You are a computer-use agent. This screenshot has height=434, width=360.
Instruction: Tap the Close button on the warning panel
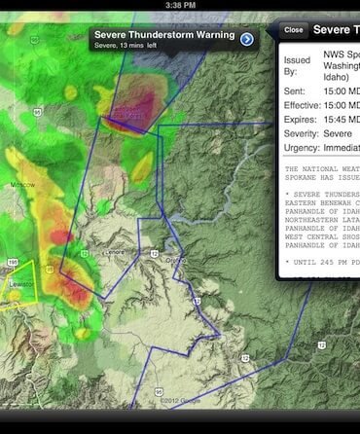tap(293, 30)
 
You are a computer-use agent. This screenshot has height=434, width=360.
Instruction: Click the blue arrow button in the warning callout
tap(247, 39)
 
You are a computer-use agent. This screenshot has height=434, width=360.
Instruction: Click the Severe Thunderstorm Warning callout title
tap(164, 35)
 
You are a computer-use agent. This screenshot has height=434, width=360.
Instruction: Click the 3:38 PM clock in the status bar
tap(180, 5)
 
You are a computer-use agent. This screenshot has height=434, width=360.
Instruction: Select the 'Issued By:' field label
tap(297, 66)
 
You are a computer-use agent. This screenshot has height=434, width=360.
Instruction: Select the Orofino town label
tap(175, 261)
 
